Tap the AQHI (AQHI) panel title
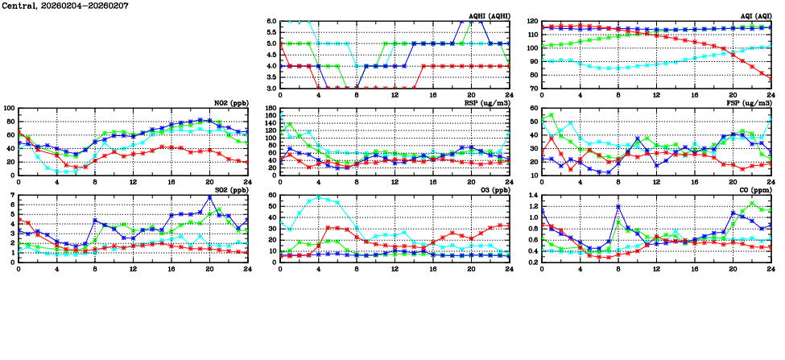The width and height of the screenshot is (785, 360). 490,16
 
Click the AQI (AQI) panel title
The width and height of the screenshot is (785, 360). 755,16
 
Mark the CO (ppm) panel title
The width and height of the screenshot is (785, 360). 756,191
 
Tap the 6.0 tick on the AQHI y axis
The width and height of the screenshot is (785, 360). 271,22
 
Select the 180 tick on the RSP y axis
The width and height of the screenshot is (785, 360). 270,109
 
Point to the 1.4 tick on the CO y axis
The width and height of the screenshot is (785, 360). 532,196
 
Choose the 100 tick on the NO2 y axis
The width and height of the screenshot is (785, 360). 8,109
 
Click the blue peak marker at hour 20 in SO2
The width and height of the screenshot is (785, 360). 209,197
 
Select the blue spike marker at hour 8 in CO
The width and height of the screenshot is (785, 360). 618,206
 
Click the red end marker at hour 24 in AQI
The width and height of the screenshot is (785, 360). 770,78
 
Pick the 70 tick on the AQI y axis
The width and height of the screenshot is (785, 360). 532,88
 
